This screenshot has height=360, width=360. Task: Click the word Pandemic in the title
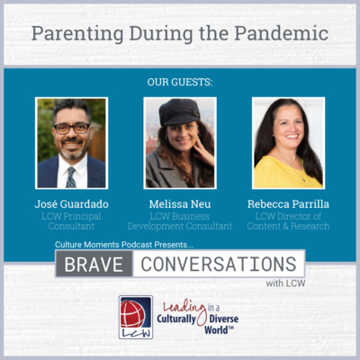click(281, 33)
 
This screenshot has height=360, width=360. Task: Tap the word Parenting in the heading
click(77, 34)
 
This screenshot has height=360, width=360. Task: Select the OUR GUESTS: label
click(180, 82)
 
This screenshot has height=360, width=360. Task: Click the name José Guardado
click(71, 204)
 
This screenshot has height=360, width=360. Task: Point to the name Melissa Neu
click(180, 204)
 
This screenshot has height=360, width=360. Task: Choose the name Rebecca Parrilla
click(288, 204)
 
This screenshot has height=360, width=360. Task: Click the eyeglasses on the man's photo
click(72, 129)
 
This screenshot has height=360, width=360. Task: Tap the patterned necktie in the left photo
click(71, 177)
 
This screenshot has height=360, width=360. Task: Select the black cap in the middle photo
click(179, 112)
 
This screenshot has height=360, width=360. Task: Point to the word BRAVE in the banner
click(94, 265)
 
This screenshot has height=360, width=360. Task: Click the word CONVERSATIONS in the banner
click(219, 264)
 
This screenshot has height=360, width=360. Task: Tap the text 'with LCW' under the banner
click(285, 283)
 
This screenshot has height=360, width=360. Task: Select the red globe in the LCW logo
click(132, 313)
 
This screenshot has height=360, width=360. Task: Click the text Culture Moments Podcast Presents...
click(124, 245)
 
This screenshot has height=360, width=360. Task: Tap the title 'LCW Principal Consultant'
click(71, 221)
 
